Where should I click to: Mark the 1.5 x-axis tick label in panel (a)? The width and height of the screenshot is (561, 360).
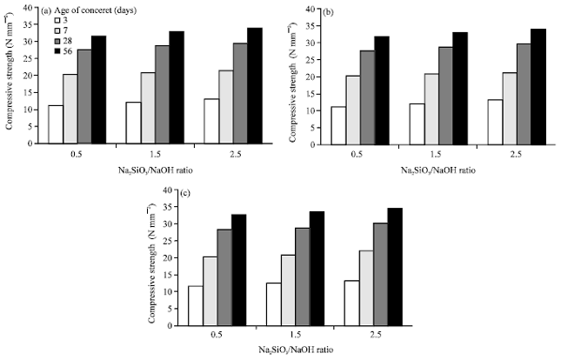(x=155, y=156)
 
